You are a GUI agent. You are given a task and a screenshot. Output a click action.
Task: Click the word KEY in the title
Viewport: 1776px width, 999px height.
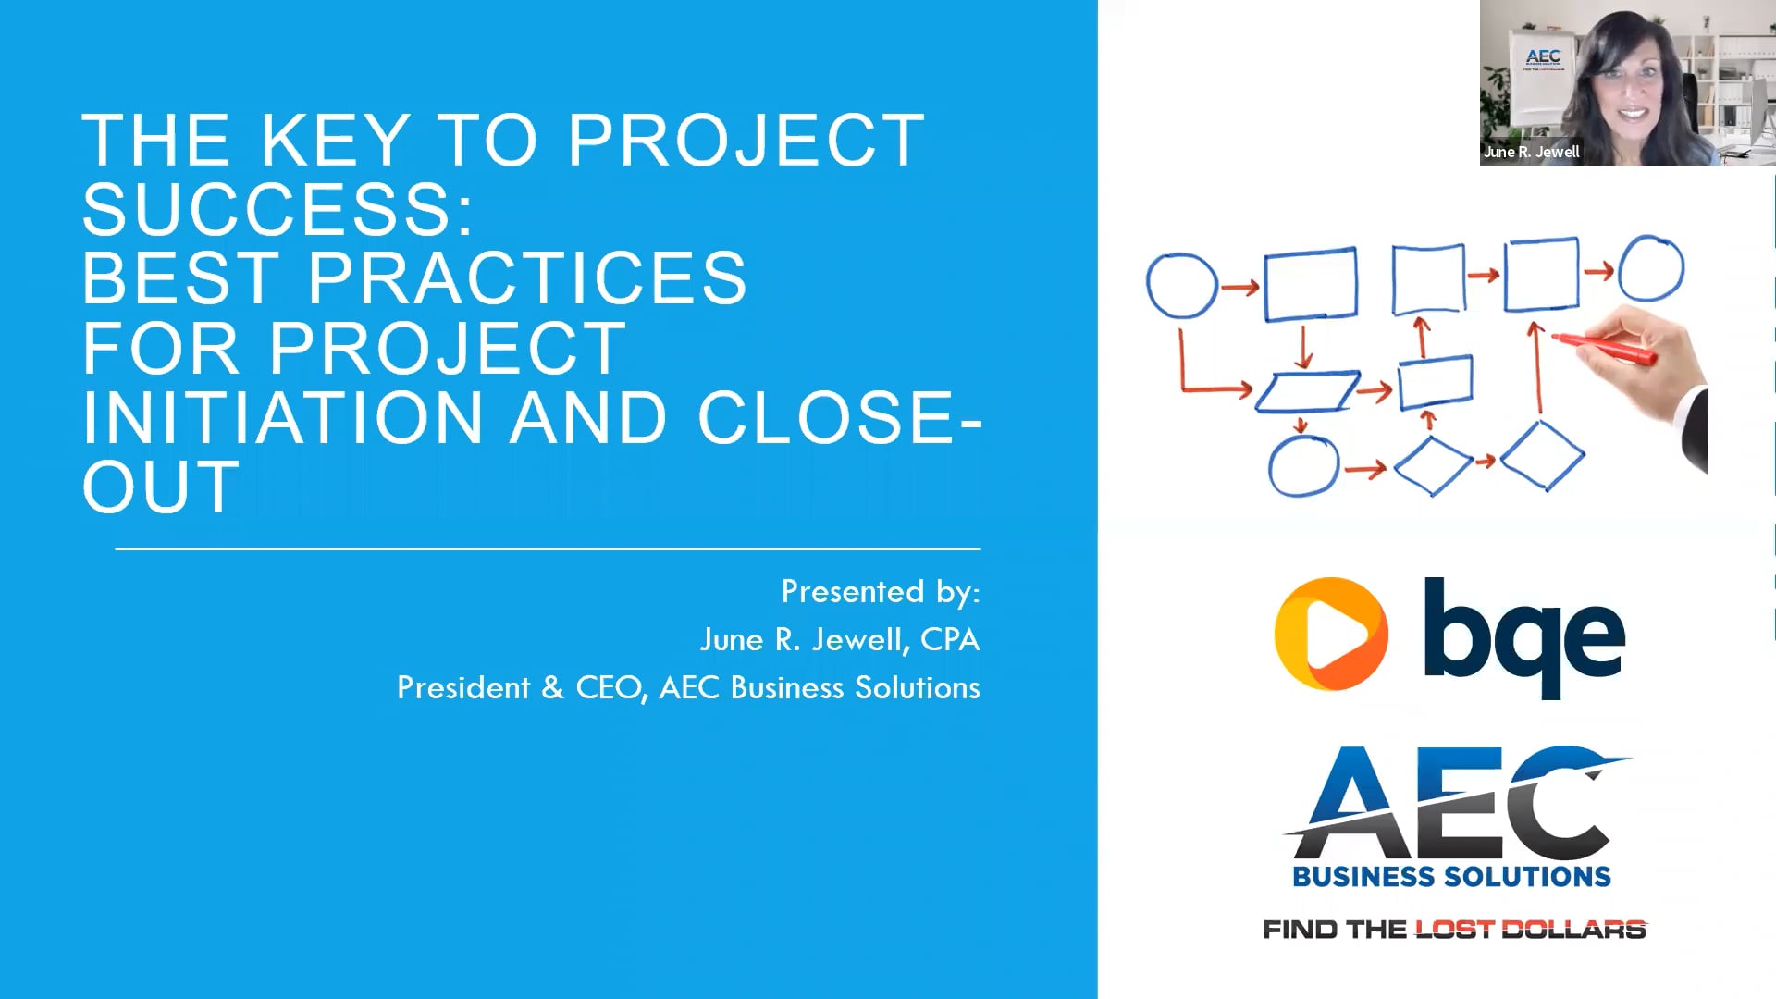[335, 141]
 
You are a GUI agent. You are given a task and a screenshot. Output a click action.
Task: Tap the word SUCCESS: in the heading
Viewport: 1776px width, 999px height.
[277, 209]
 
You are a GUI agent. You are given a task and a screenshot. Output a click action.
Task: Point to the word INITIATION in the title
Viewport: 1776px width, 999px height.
[282, 417]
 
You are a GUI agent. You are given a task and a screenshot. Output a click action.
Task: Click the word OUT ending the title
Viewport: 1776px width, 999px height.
[161, 487]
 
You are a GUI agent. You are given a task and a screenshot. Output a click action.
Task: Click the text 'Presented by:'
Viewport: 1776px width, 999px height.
[880, 592]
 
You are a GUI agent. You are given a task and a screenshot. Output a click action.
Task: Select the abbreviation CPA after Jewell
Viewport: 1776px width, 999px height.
[950, 640]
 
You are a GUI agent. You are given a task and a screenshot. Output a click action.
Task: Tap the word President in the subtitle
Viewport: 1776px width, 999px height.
[463, 688]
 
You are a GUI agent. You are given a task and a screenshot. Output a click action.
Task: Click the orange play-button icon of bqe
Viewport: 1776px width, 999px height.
[1330, 635]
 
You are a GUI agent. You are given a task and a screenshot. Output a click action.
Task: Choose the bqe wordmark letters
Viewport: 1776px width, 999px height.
[1523, 636]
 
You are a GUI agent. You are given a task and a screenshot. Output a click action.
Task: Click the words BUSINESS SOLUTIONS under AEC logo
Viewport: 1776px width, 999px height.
[1451, 876]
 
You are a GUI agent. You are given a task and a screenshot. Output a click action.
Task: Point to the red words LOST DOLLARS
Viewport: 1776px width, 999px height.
[1530, 929]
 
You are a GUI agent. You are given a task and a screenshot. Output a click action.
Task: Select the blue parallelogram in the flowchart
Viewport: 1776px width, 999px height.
[1307, 391]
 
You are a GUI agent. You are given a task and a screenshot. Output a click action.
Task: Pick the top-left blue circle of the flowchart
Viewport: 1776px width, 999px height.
[1181, 286]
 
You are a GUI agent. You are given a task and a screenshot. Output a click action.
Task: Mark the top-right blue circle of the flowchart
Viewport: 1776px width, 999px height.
[1651, 268]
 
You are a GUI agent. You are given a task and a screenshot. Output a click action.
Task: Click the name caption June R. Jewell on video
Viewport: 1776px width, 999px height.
[1531, 152]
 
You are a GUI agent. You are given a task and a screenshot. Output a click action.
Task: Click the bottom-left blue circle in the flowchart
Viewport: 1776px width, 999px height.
[1303, 467]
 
